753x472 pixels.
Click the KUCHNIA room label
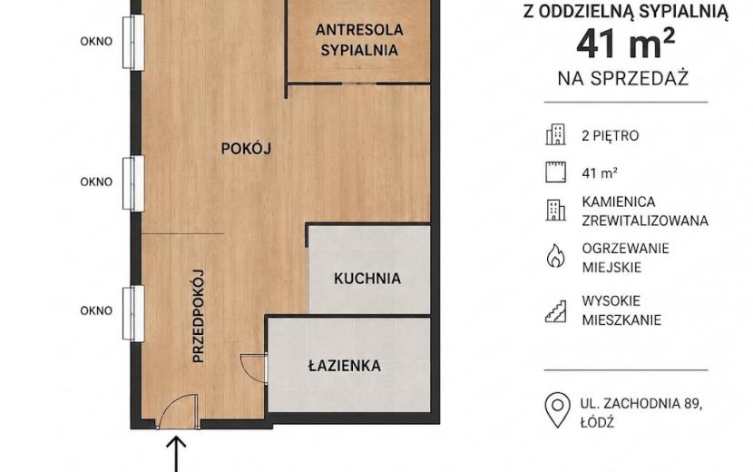point(367,279)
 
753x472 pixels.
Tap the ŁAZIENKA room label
point(345,366)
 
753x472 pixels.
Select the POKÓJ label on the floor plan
point(246,148)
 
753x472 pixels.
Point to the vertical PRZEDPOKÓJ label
point(199,316)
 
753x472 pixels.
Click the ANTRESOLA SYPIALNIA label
point(359,40)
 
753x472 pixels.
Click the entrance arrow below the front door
point(176,454)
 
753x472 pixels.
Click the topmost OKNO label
point(96,42)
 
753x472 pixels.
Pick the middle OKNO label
point(96,182)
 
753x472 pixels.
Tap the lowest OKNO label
point(96,310)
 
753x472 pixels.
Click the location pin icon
point(558,410)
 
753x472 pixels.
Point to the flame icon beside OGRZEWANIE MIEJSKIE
point(555,255)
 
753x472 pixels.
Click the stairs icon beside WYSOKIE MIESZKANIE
point(555,310)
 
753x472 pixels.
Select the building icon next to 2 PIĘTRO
point(555,134)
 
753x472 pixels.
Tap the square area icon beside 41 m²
point(555,172)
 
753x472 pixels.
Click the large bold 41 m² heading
point(626,44)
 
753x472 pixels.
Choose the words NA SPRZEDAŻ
point(623,78)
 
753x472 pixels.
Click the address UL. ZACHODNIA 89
point(641,404)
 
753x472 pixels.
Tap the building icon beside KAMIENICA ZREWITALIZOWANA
point(555,210)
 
